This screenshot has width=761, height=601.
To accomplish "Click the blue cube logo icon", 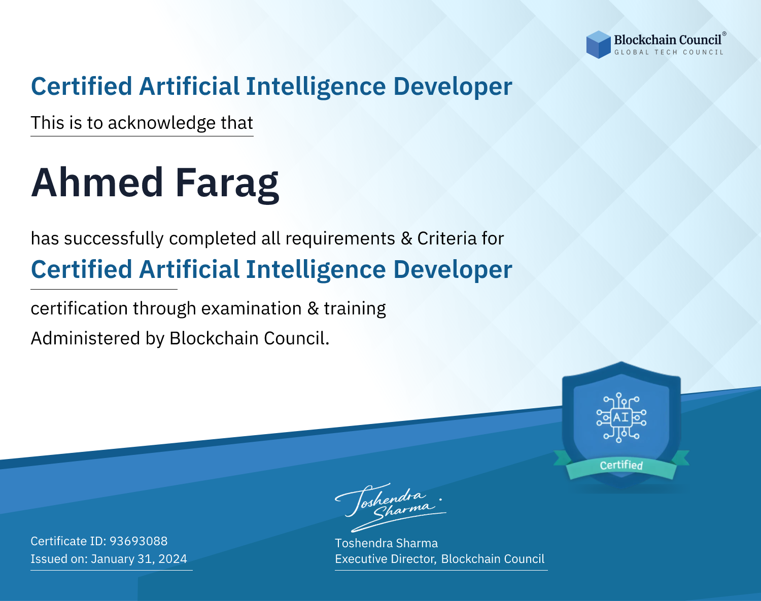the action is [598, 45].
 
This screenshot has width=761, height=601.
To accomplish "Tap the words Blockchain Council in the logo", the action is [668, 40].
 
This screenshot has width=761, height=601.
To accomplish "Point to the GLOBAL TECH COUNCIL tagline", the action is [669, 52].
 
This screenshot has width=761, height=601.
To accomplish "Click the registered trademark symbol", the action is [724, 33].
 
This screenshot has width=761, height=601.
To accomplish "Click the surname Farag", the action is [227, 185].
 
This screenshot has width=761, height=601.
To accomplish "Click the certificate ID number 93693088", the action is [139, 541].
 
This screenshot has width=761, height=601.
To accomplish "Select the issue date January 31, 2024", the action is [139, 558].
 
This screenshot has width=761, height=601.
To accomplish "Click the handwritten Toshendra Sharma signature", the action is [390, 507].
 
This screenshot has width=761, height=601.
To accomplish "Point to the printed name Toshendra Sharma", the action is [386, 543].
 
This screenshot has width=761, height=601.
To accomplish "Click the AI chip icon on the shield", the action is [621, 417].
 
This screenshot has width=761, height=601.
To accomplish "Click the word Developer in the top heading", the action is [453, 87].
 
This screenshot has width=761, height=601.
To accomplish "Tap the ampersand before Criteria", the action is [406, 238].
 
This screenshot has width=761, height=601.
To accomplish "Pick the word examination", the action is [252, 309].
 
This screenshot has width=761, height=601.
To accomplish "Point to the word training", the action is [355, 309].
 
